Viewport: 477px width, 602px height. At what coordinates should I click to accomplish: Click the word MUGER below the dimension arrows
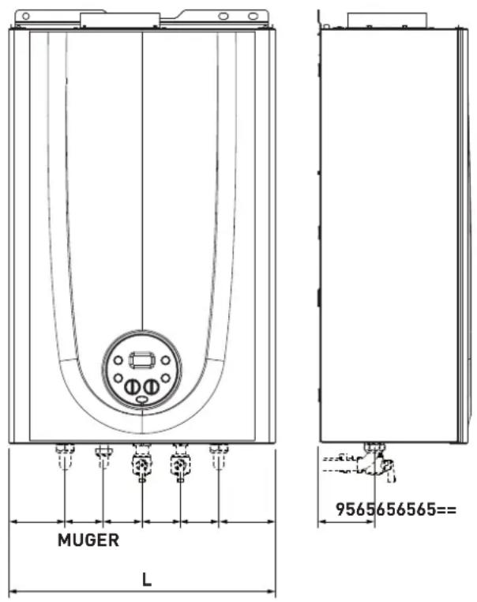[x=88, y=540]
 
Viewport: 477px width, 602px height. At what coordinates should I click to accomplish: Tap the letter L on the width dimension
[x=147, y=579]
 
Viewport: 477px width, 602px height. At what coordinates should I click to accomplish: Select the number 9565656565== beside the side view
[x=396, y=510]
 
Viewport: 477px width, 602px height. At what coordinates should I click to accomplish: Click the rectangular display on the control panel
[x=142, y=360]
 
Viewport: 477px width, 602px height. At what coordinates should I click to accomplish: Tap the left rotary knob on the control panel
[x=132, y=387]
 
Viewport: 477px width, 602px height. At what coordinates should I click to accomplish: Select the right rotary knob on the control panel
[x=152, y=387]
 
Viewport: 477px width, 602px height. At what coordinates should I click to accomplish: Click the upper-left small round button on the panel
[x=118, y=360]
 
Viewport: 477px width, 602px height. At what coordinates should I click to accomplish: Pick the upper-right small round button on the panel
[x=165, y=360]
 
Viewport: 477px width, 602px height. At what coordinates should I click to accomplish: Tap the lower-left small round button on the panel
[x=118, y=378]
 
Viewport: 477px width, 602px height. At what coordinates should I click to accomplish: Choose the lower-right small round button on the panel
[x=165, y=378]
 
